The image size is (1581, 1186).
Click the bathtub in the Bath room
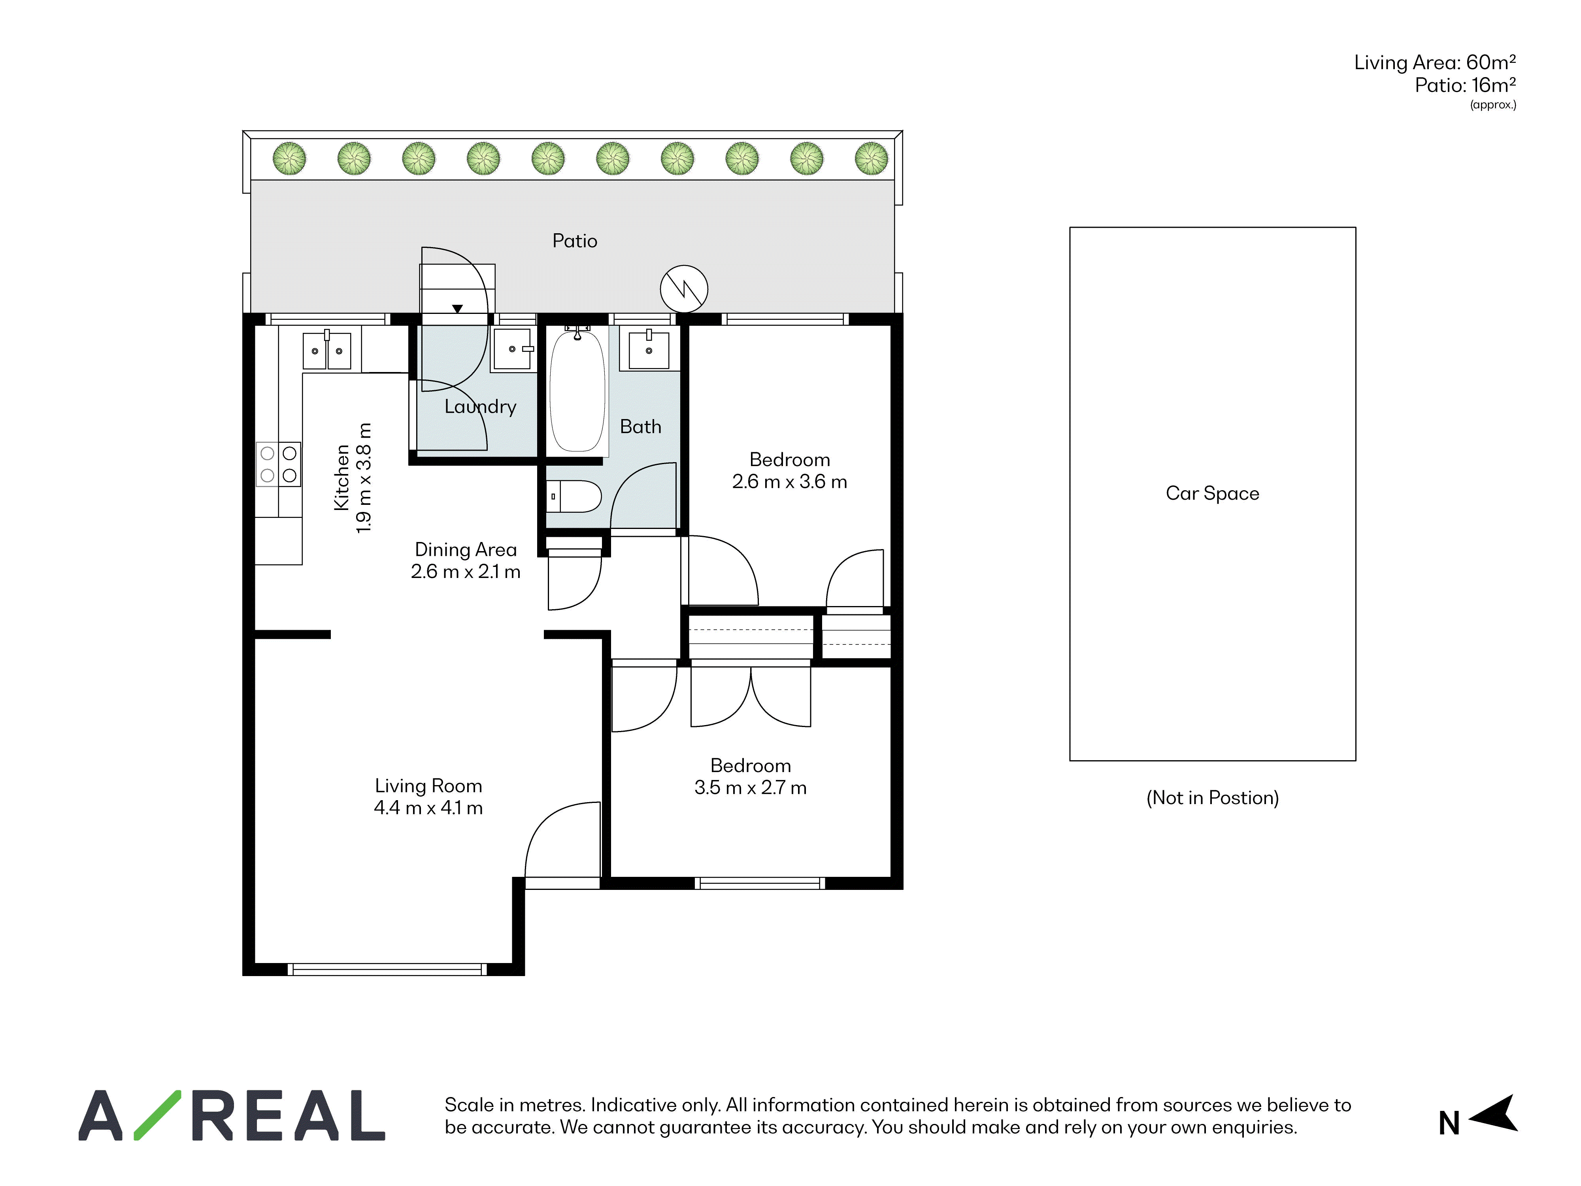(577, 390)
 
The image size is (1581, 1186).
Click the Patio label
(575, 241)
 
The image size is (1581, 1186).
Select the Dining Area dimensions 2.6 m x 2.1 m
(465, 572)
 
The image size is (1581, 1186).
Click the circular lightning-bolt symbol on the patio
(684, 289)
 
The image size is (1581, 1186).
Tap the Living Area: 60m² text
(1435, 63)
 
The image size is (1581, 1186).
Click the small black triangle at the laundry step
(457, 309)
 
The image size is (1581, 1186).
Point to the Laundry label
(480, 407)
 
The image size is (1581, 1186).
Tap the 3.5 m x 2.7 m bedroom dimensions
(751, 788)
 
